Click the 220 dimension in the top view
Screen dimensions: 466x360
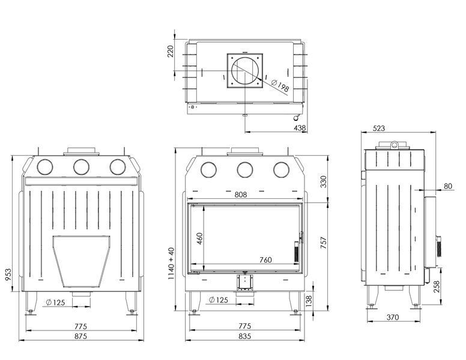click(x=171, y=51)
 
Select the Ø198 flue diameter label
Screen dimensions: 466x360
click(x=280, y=86)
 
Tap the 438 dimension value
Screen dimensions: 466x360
click(x=300, y=128)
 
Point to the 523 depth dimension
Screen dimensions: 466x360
click(x=378, y=128)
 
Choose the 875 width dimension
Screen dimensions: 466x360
click(x=80, y=336)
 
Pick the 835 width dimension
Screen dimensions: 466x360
click(x=244, y=336)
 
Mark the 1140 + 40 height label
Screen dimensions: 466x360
click(x=171, y=263)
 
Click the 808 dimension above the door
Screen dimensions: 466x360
click(x=240, y=195)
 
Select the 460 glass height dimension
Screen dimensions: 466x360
click(x=199, y=239)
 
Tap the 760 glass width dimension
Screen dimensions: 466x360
click(x=265, y=260)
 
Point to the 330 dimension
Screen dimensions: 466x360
click(x=323, y=182)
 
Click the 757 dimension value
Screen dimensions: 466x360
click(x=323, y=243)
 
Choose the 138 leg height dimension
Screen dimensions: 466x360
click(x=309, y=301)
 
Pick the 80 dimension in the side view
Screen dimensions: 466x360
click(x=447, y=186)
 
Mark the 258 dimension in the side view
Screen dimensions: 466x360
click(x=437, y=286)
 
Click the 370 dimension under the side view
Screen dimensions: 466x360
click(x=393, y=317)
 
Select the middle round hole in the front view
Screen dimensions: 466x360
click(x=245, y=169)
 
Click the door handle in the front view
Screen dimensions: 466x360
click(x=297, y=251)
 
